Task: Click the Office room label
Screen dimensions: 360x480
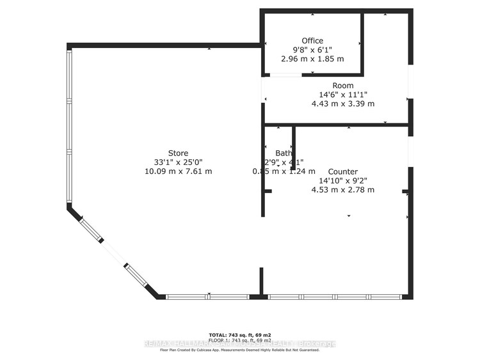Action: click(x=312, y=40)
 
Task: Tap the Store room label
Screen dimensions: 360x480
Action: click(x=178, y=153)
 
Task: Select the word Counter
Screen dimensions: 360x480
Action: click(x=342, y=171)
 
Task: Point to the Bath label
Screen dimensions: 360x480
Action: click(x=284, y=153)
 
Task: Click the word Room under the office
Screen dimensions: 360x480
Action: click(x=342, y=86)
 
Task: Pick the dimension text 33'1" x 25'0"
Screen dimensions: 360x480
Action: click(x=178, y=162)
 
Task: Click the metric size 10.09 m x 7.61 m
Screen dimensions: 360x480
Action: click(x=178, y=171)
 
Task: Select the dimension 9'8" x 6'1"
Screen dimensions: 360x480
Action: click(x=312, y=49)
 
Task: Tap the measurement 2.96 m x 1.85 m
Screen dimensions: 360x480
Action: click(x=312, y=59)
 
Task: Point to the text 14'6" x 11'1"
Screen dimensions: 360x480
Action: click(x=342, y=95)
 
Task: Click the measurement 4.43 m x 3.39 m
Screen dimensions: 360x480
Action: click(x=342, y=104)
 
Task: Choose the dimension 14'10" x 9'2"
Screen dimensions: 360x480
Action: click(x=342, y=180)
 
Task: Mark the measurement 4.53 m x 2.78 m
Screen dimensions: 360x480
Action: click(x=342, y=190)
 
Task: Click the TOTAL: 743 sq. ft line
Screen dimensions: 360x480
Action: click(x=240, y=335)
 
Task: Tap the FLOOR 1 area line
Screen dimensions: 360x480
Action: click(x=240, y=340)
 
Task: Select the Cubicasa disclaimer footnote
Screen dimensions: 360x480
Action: click(x=240, y=350)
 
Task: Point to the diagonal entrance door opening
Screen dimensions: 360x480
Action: click(x=114, y=253)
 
